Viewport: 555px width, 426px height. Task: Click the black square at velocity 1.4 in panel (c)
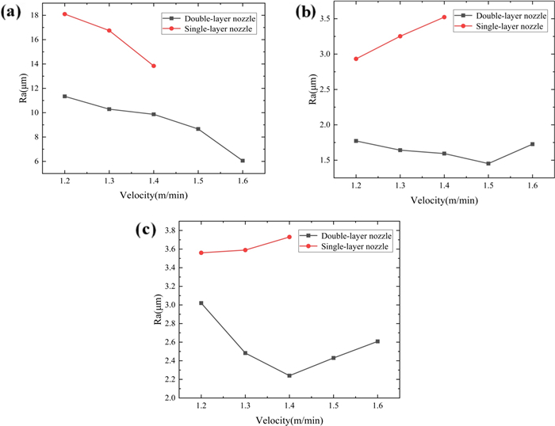[289, 375]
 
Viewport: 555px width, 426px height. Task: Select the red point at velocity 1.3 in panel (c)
[245, 250]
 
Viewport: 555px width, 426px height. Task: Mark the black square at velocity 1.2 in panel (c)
[201, 303]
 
